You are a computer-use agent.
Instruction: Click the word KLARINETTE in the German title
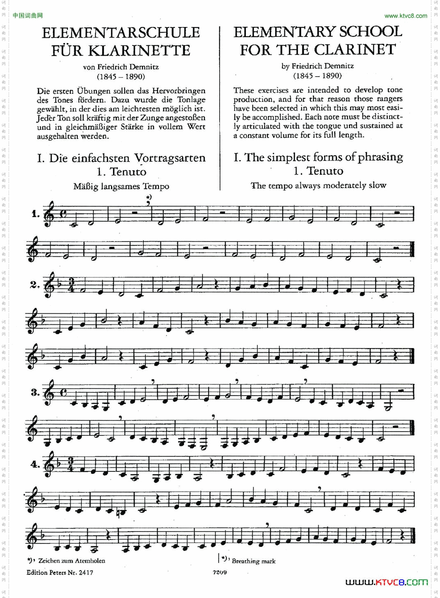point(139,51)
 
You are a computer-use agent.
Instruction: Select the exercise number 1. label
point(36,214)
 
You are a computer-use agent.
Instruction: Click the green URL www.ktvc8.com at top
point(406,16)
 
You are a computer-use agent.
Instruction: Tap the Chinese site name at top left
point(27,16)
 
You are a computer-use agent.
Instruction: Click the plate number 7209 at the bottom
point(220,572)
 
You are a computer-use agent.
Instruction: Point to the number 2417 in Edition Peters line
point(86,573)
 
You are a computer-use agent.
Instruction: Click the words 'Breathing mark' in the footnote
point(254,561)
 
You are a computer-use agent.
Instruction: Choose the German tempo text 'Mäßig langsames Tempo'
point(121,186)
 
